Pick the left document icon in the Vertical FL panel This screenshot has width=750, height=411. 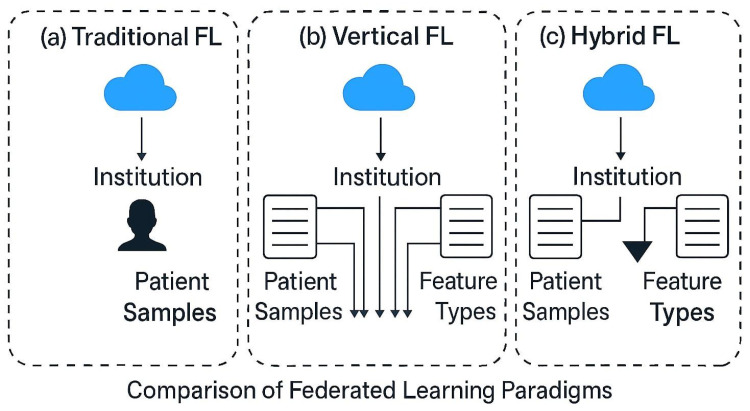tap(289, 225)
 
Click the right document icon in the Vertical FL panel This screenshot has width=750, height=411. tap(466, 225)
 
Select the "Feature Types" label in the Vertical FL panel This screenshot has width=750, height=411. tap(458, 296)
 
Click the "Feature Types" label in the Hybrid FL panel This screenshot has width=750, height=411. tap(678, 296)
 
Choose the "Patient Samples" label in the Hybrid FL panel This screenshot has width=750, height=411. tap(567, 296)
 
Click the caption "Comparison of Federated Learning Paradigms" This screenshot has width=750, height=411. tap(374, 386)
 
